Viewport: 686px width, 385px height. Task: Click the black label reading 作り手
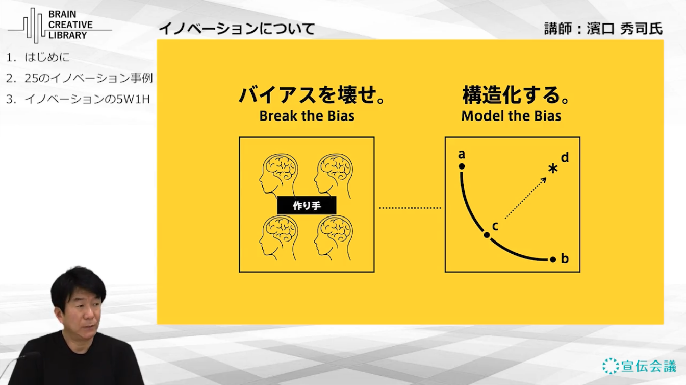click(307, 205)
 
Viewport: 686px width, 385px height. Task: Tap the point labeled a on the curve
click(462, 166)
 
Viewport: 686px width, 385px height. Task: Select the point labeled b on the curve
click(553, 259)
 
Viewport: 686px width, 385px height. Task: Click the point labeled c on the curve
click(487, 235)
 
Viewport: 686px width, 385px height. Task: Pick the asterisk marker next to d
click(553, 169)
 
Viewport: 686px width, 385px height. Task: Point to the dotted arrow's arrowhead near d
click(543, 180)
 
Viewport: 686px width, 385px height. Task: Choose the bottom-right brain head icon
click(333, 238)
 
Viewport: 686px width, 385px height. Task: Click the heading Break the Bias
click(307, 116)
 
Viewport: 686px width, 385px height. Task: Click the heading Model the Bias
click(511, 116)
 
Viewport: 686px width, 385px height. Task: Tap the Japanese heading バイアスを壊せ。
click(312, 95)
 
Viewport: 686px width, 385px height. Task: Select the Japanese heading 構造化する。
click(516, 95)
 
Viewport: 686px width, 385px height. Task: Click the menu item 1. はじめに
click(38, 57)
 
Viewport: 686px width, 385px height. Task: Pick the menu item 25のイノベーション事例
click(89, 78)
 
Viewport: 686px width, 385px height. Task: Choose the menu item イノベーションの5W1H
click(87, 99)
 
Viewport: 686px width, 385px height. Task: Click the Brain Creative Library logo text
click(70, 25)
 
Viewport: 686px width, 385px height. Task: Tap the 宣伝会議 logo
click(639, 366)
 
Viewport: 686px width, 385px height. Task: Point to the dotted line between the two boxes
click(410, 208)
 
